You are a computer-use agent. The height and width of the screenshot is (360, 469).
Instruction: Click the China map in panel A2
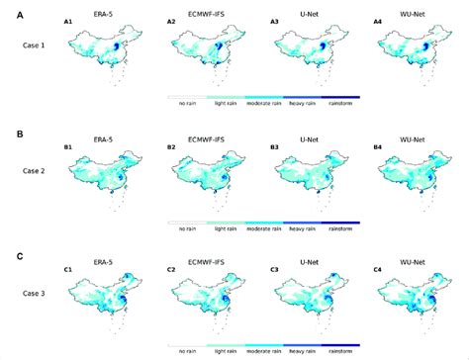click(x=208, y=54)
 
